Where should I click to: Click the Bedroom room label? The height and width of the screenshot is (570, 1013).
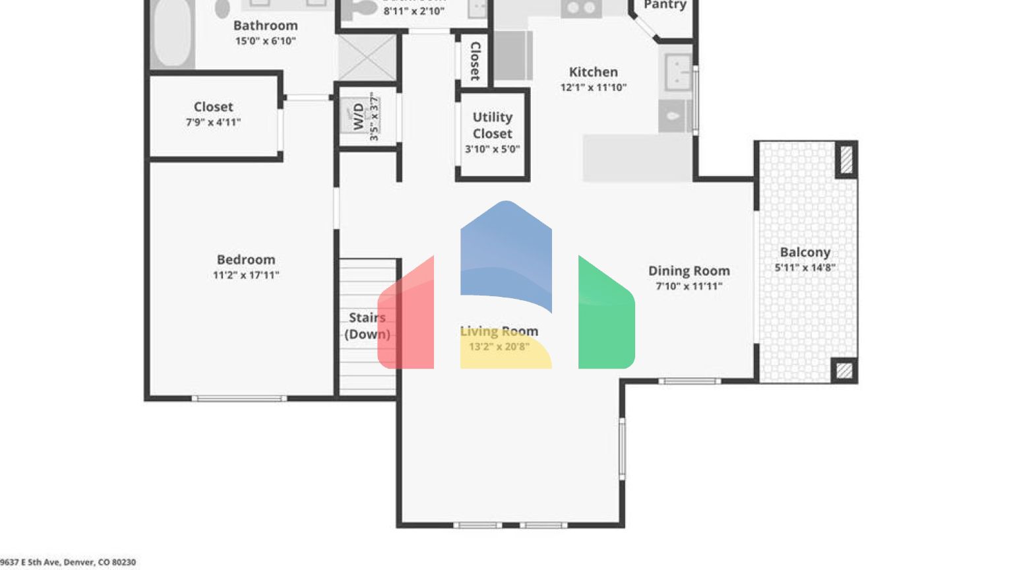tap(245, 260)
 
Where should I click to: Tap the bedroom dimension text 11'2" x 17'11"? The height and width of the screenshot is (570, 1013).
tap(245, 275)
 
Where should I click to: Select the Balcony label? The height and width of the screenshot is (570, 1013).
tap(805, 253)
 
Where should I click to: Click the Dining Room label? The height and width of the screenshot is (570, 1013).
tap(689, 271)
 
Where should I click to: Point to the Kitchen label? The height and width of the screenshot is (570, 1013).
tap(593, 73)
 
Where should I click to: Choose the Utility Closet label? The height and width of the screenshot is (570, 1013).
tap(492, 125)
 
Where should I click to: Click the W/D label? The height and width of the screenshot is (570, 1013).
tap(358, 116)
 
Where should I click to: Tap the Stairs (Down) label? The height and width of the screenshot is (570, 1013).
tap(367, 326)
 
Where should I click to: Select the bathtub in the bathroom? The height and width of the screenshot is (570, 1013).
tap(172, 33)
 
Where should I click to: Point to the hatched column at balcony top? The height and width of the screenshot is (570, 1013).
tap(845, 160)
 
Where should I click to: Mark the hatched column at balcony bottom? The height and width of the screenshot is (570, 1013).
tap(844, 370)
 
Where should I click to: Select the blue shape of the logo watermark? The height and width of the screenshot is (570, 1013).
tap(506, 251)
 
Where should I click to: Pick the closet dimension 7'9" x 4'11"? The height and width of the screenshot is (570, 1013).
tap(213, 122)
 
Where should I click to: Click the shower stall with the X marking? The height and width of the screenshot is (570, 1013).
tap(367, 58)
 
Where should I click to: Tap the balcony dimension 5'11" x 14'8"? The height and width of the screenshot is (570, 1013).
tap(805, 268)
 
